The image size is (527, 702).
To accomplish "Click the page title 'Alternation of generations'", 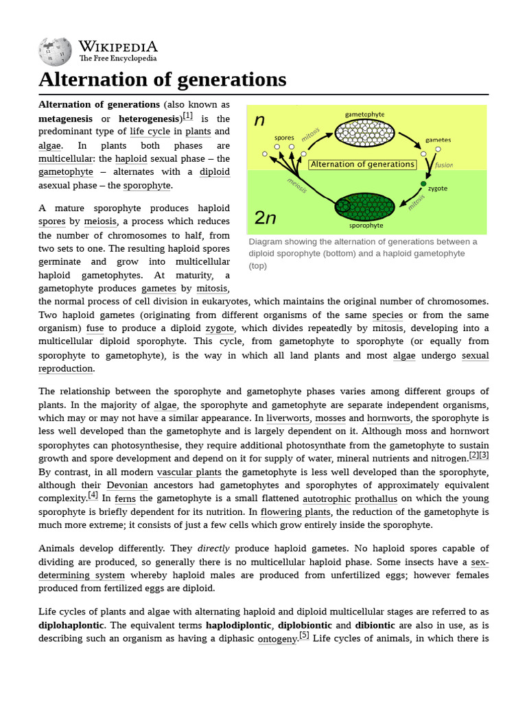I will tap(162, 80).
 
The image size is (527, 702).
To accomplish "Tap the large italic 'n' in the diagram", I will tap(259, 121).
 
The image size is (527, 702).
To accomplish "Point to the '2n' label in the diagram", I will tap(266, 217).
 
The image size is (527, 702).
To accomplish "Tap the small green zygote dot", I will tap(423, 184).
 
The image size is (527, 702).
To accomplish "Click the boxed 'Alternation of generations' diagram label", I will tap(362, 165).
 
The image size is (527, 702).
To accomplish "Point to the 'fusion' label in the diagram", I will tap(443, 165).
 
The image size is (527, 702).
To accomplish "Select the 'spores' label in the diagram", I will tap(284, 137).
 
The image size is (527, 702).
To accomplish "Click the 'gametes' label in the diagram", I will tap(438, 139).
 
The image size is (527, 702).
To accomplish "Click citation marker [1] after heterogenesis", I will tap(187, 117).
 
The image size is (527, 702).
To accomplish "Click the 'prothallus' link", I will tap(375, 499).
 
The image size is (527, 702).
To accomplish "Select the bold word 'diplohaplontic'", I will tap(71, 625).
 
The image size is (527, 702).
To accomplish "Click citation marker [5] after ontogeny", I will tap(304, 636).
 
